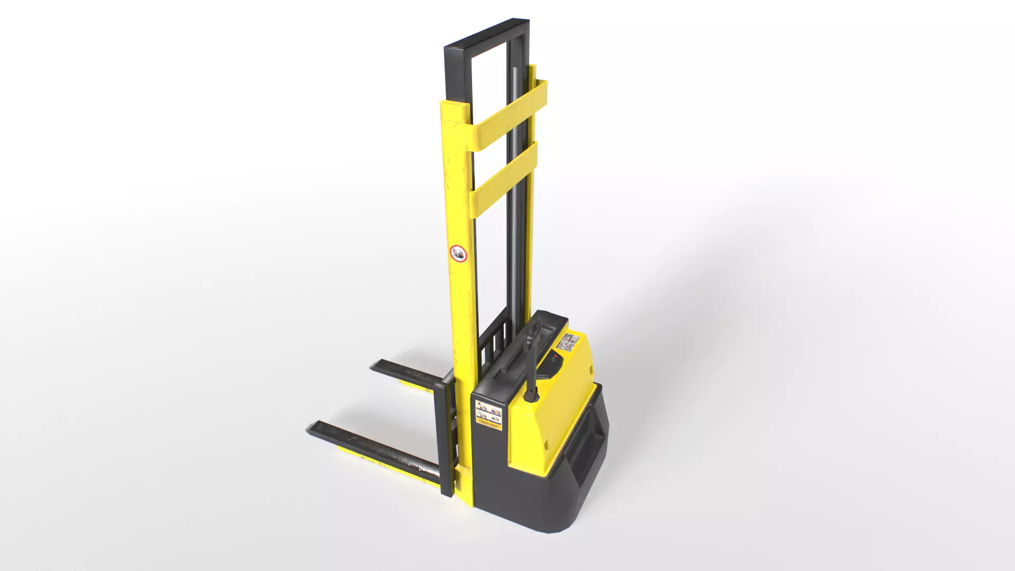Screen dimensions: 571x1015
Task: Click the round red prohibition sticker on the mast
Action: pyautogui.click(x=458, y=254)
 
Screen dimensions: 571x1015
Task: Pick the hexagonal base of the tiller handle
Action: pyautogui.click(x=531, y=394)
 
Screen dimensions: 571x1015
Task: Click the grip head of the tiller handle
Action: pyautogui.click(x=535, y=327)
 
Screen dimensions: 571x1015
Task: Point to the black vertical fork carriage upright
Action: pyautogui.click(x=445, y=439)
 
